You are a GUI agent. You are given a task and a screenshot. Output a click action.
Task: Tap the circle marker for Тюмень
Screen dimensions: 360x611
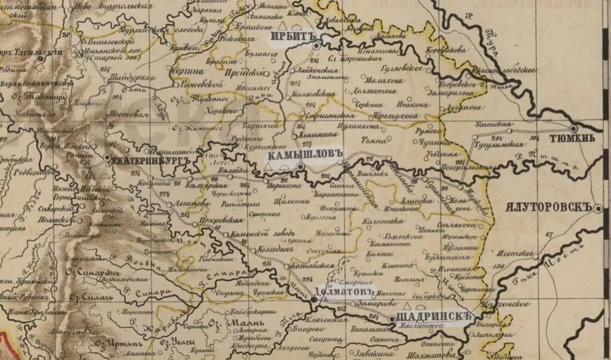pos(573,128)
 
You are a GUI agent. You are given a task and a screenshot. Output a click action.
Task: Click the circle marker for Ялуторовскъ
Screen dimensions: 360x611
pos(598,208)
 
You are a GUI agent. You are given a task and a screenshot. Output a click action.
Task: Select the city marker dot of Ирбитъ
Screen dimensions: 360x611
pos(317,44)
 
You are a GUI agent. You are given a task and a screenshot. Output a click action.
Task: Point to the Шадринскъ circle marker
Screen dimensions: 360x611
pos(391,319)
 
